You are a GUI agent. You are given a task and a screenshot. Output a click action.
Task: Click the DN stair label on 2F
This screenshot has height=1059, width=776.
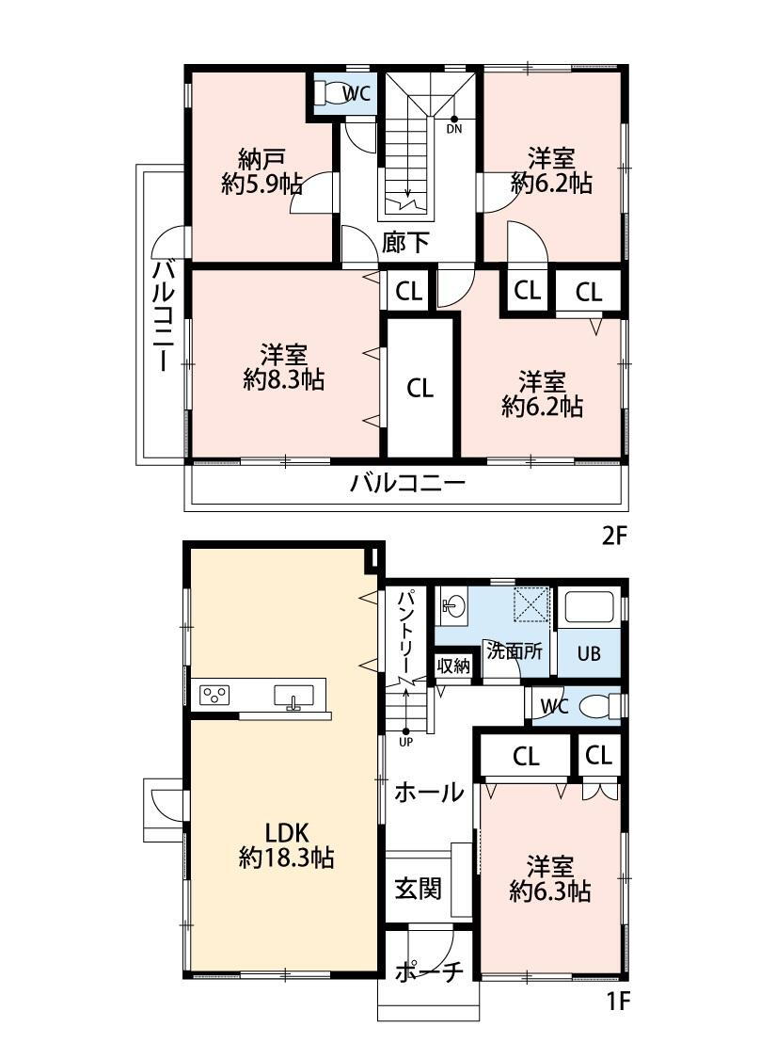pyautogui.click(x=454, y=128)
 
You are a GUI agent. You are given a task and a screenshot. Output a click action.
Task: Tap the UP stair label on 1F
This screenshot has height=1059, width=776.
pyautogui.click(x=405, y=742)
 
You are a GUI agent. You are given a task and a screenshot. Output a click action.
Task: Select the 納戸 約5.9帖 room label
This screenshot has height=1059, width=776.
pyautogui.click(x=261, y=171)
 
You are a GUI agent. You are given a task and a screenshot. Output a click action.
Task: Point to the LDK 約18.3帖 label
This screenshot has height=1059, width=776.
pyautogui.click(x=286, y=845)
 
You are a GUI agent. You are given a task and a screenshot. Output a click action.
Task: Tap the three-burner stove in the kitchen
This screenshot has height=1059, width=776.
pyautogui.click(x=214, y=695)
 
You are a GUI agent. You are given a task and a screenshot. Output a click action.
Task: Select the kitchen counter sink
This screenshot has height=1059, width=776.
pyautogui.click(x=293, y=697)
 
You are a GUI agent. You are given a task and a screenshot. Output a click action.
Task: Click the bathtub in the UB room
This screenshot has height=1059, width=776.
pyautogui.click(x=589, y=607)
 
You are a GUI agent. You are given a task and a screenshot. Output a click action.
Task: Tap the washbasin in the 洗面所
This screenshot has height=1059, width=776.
pyautogui.click(x=451, y=604)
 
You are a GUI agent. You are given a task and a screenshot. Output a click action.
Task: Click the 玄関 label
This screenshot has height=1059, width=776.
pyautogui.click(x=418, y=888)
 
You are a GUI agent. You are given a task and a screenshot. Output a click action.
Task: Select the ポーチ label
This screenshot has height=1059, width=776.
pyautogui.click(x=429, y=971)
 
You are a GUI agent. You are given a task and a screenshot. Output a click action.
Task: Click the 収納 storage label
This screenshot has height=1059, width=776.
pyautogui.click(x=453, y=666)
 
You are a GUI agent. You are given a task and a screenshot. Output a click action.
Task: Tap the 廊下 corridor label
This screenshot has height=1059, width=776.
pyautogui.click(x=404, y=242)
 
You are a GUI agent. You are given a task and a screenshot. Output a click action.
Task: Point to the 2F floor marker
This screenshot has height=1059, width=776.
pyautogui.click(x=615, y=536)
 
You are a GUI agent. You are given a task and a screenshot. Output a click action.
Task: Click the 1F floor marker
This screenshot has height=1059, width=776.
pyautogui.click(x=617, y=1001)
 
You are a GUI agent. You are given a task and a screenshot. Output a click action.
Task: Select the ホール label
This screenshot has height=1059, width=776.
pyautogui.click(x=429, y=792)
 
